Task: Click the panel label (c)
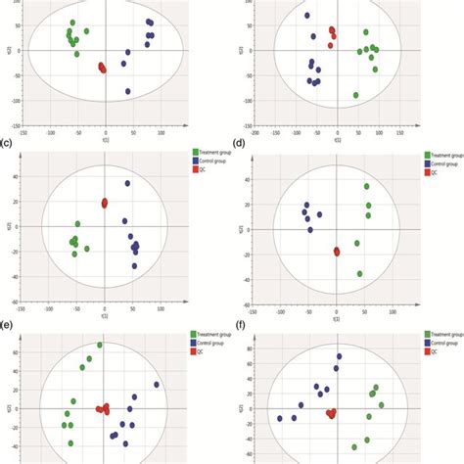(7, 142)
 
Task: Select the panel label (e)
(7, 319)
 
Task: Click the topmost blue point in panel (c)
(127, 183)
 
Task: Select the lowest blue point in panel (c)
(135, 265)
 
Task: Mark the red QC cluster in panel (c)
(105, 203)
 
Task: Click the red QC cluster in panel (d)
(337, 252)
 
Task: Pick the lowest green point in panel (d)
(360, 274)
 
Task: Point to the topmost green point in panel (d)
(367, 186)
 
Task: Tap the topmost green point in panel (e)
(99, 346)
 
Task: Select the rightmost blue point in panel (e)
(156, 384)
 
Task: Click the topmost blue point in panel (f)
(339, 356)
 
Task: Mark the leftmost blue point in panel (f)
(280, 419)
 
